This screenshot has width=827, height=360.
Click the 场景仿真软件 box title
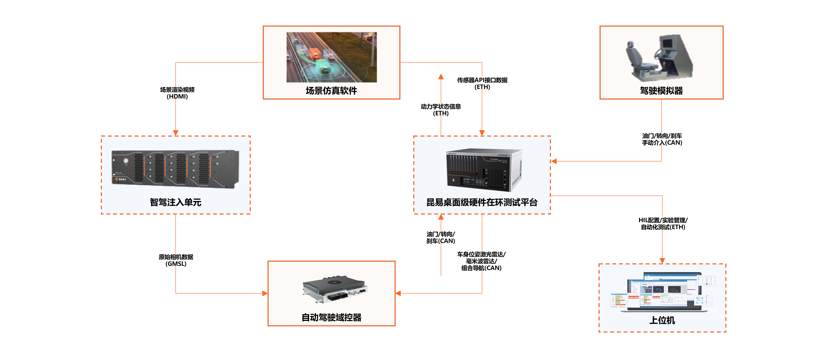click(x=331, y=91)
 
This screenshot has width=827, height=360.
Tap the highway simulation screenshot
click(x=331, y=57)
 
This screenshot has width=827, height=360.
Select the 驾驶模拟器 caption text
click(x=661, y=91)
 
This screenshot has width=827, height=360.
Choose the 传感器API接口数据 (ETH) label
click(x=482, y=83)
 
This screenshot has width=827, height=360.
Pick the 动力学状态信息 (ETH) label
click(x=441, y=109)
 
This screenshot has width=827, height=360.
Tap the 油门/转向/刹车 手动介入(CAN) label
click(x=662, y=138)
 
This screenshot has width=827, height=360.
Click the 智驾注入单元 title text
click(x=176, y=202)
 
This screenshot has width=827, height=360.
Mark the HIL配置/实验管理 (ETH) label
click(x=663, y=223)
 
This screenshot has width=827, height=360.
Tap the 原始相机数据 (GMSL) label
click(x=176, y=259)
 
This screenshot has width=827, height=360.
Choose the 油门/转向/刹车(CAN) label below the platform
click(x=441, y=237)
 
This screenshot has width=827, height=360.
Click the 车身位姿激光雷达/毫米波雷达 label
click(x=481, y=260)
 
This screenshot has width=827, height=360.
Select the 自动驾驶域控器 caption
click(x=331, y=317)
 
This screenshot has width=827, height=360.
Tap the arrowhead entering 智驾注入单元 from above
click(x=176, y=133)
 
